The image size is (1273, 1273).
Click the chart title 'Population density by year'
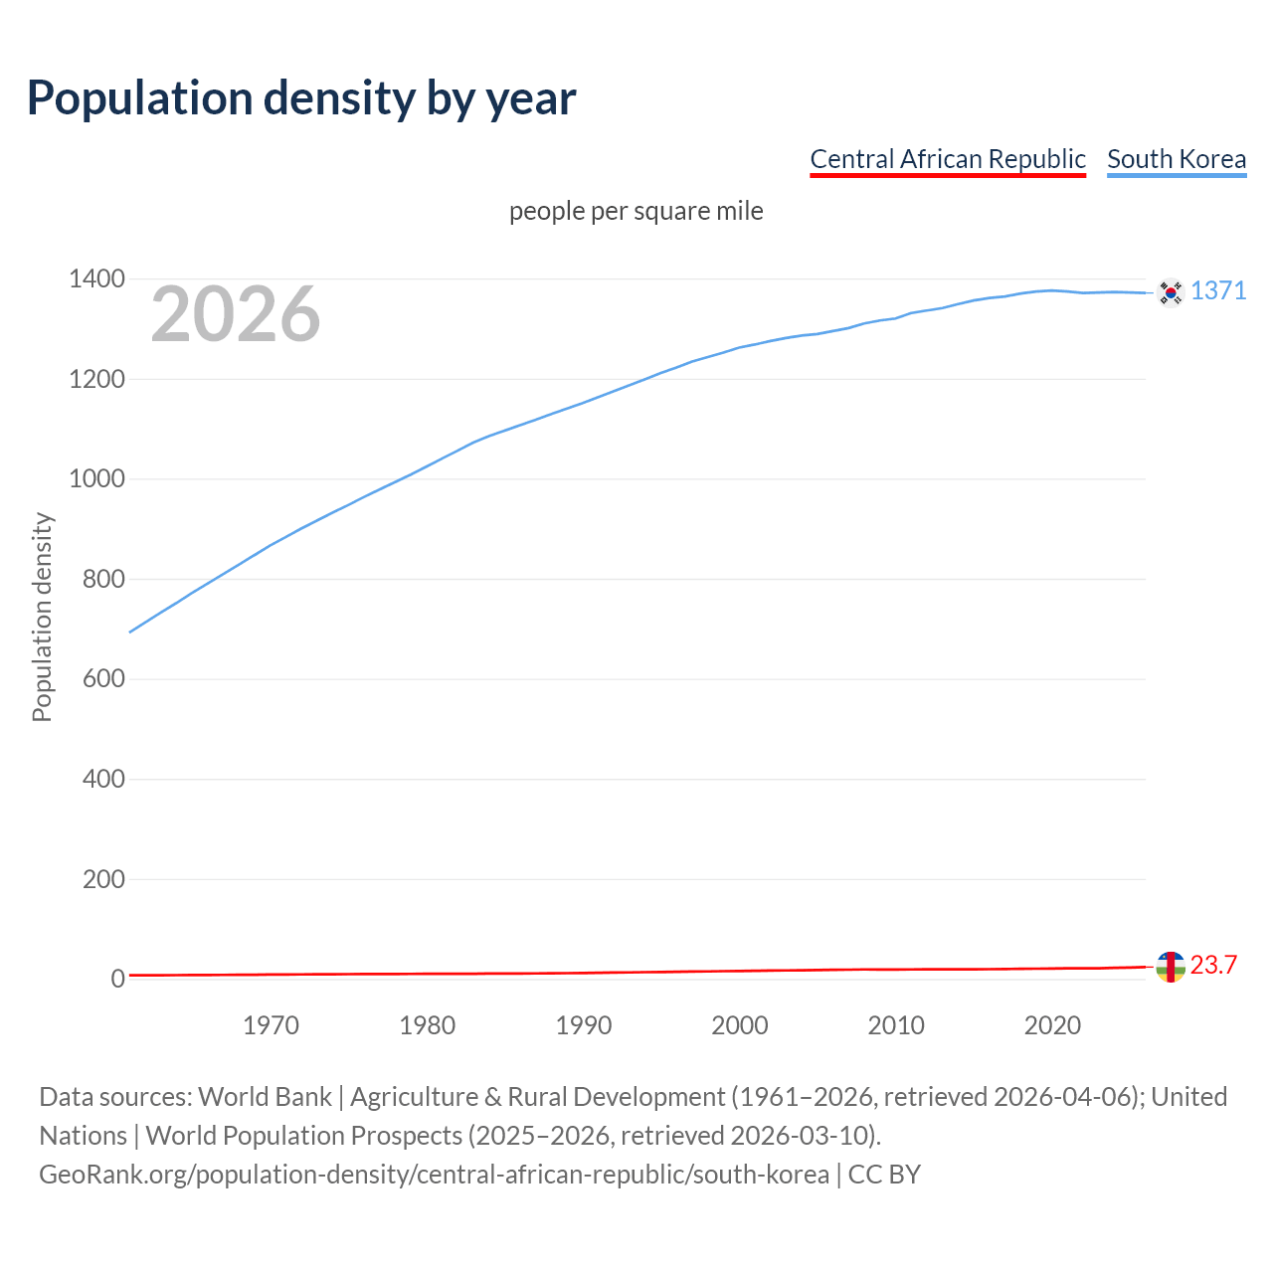click(x=301, y=98)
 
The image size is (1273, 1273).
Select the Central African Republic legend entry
click(x=947, y=159)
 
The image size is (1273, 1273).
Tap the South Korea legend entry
click(x=1176, y=159)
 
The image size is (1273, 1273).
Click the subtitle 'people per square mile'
click(x=636, y=211)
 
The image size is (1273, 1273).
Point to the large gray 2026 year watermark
click(x=236, y=314)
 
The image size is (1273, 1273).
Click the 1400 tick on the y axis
click(x=96, y=279)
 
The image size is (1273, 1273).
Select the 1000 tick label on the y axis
click(x=96, y=479)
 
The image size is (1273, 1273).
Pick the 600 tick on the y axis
click(x=103, y=679)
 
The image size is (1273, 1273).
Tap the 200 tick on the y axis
click(x=103, y=879)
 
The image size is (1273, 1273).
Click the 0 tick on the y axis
click(x=118, y=980)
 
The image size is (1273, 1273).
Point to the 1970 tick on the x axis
click(x=271, y=1025)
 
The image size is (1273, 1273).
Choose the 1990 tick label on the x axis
click(x=583, y=1025)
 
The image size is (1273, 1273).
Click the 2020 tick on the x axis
click(x=1052, y=1025)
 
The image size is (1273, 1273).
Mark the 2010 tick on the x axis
click(x=896, y=1025)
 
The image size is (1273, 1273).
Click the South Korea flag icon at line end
click(x=1171, y=292)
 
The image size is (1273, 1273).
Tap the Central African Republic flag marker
click(x=1171, y=966)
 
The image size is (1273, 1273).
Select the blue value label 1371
click(x=1217, y=290)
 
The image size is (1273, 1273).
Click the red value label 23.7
click(x=1213, y=965)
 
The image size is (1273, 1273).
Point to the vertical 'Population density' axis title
click(x=42, y=617)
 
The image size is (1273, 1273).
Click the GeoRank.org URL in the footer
click(x=434, y=1175)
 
